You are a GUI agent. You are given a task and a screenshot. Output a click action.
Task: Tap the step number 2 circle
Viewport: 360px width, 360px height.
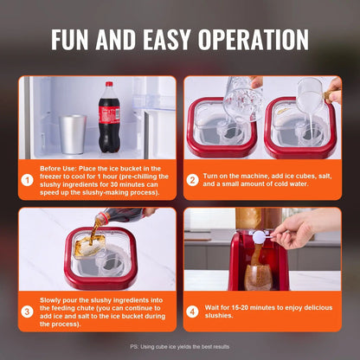click(x=192, y=181)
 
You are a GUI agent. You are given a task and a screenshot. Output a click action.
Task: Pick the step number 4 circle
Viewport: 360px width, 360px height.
click(x=192, y=312)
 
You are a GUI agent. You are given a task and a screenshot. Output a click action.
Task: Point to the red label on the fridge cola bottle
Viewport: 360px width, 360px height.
click(x=109, y=116)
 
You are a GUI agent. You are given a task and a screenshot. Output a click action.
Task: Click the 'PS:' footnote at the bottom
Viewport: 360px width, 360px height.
click(x=135, y=346)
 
